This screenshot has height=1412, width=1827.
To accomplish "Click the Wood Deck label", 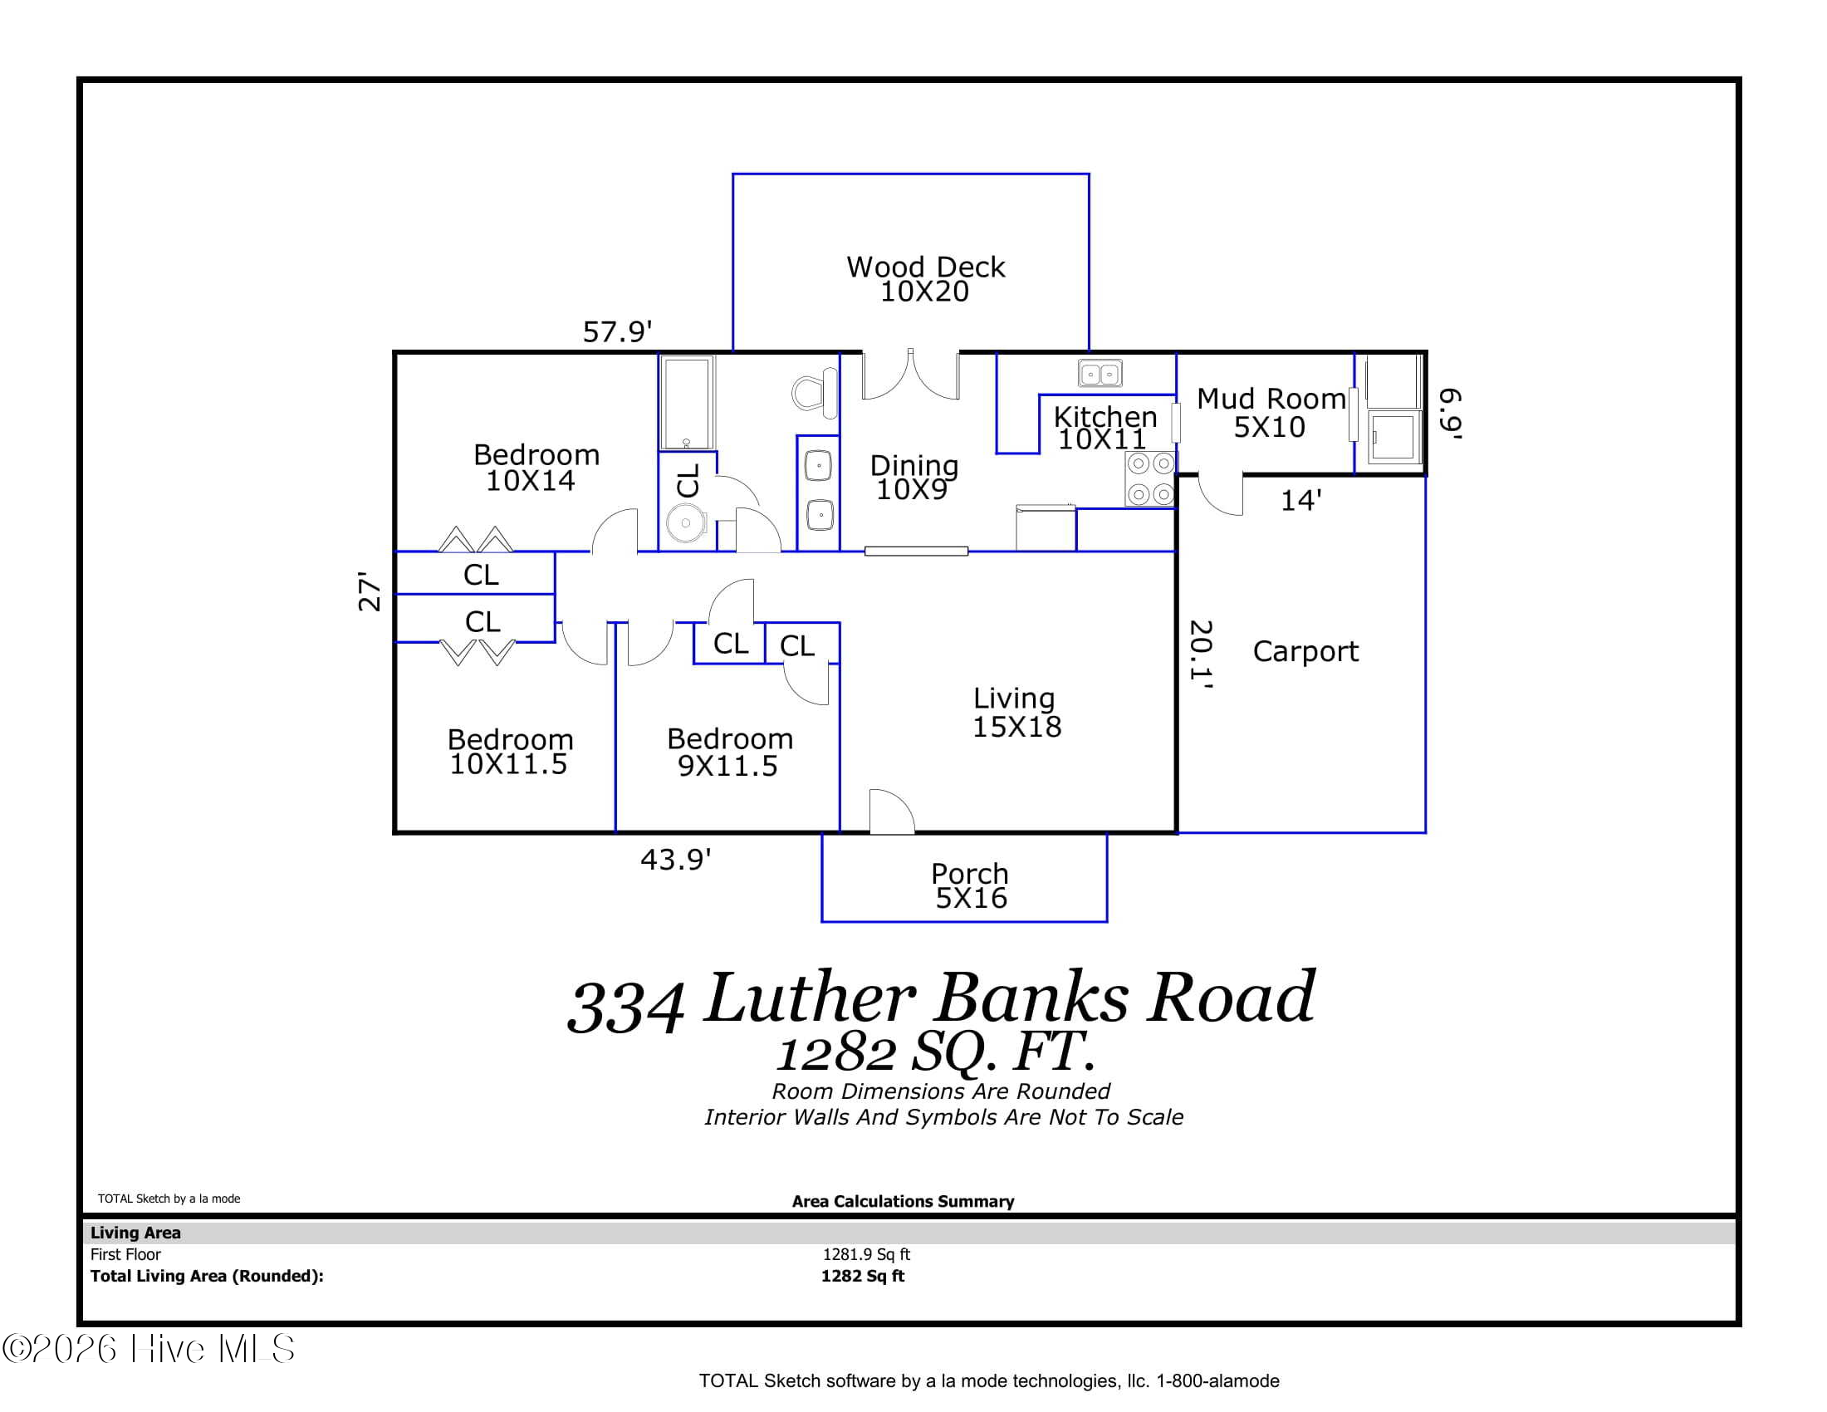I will [x=925, y=278].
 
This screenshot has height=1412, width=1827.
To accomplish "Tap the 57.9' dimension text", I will [x=616, y=332].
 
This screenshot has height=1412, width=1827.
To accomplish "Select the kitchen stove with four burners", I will [x=1150, y=478].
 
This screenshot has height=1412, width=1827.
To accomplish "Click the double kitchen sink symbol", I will [x=1100, y=373].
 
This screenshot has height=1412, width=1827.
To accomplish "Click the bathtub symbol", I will [x=687, y=402].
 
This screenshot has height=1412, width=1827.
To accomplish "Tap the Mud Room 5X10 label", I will [x=1270, y=413].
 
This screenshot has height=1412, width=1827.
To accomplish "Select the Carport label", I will [x=1305, y=651].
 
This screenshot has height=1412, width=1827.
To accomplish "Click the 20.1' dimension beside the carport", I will [x=1202, y=655].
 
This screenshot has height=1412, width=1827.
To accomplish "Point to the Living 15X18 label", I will [x=1016, y=712].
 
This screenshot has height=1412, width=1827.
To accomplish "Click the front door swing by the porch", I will [x=891, y=811].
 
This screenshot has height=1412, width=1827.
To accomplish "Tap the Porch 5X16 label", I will [x=969, y=885].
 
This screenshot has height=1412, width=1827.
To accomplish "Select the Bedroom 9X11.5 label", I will [x=728, y=751].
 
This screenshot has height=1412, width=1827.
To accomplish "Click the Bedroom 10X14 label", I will [x=536, y=467].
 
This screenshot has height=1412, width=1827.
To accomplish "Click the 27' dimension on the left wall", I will [x=370, y=591].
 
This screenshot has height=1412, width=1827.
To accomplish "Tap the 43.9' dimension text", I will [x=675, y=859].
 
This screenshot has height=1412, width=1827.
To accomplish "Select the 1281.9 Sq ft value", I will [x=866, y=1254].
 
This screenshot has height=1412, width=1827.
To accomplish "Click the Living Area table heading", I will [x=135, y=1232].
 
